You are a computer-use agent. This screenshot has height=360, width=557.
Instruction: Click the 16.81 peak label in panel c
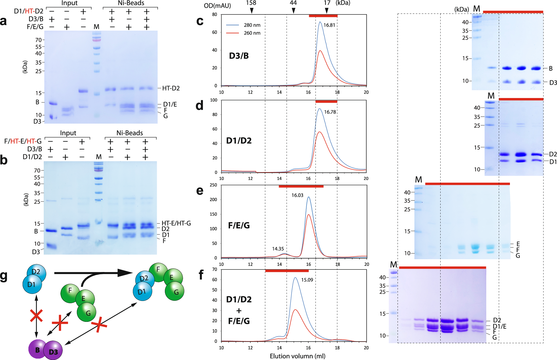click(329, 25)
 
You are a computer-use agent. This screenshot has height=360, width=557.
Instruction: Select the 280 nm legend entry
click(252, 25)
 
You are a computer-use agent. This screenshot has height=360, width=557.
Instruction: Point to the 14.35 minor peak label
click(278, 249)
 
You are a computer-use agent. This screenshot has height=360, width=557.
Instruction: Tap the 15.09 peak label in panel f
click(307, 280)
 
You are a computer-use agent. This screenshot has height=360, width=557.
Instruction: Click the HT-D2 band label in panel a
click(171, 88)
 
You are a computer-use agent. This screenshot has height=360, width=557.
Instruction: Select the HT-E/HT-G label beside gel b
click(176, 223)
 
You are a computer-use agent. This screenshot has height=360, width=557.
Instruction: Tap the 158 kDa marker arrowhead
click(251, 11)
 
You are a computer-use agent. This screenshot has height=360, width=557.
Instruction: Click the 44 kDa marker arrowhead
click(293, 11)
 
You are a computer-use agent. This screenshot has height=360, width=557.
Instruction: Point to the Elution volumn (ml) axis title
click(297, 356)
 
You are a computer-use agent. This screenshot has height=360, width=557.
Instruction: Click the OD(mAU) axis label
click(217, 6)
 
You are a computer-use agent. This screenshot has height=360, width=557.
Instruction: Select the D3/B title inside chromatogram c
click(239, 56)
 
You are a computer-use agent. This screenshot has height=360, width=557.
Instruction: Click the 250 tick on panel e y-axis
click(213, 185)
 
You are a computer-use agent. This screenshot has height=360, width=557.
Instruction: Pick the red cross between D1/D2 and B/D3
click(36, 316)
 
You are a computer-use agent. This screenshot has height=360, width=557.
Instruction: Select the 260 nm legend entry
click(252, 33)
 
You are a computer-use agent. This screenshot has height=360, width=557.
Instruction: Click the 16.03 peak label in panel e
click(297, 195)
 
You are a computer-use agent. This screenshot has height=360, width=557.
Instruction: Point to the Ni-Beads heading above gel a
click(131, 3)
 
